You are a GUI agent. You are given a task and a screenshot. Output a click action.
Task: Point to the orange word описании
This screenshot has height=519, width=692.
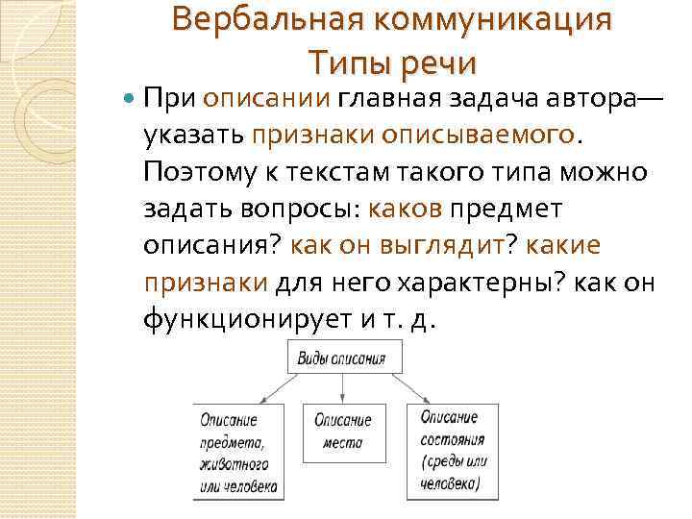tap(267, 97)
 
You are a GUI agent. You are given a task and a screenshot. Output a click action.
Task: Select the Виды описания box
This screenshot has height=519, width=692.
tap(343, 359)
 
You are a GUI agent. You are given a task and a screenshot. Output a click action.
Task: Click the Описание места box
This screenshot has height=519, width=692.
tap(343, 432)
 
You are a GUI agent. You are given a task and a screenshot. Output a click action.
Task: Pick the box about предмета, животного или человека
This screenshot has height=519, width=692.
tap(239, 452)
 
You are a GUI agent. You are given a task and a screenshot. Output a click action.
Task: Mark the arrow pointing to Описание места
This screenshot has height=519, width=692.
tap(343, 389)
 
